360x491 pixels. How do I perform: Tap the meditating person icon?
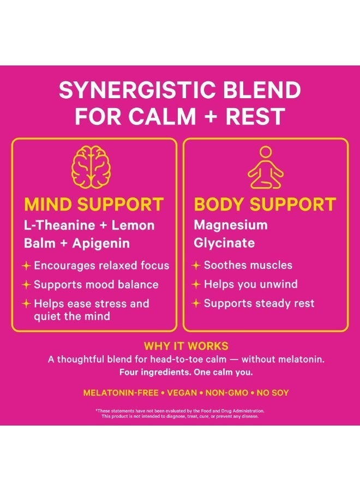click(266, 167)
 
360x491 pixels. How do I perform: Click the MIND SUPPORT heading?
click(94, 205)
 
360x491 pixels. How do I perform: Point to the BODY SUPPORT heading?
click(265, 205)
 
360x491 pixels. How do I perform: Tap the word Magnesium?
click(231, 225)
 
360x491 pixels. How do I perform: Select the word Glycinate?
click(224, 243)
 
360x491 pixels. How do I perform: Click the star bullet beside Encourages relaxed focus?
click(26, 266)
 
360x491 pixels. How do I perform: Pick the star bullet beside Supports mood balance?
click(26, 285)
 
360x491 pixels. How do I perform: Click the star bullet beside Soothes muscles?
click(196, 266)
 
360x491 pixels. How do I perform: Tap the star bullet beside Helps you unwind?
click(196, 285)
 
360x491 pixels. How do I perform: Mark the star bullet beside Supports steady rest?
click(196, 303)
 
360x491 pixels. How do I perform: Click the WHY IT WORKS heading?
click(186, 346)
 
